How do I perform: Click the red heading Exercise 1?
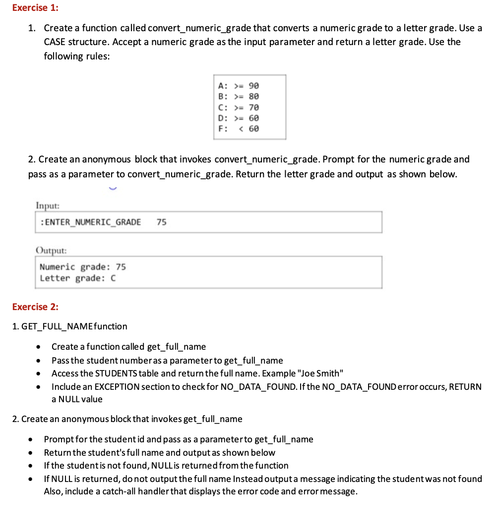[x=35, y=8]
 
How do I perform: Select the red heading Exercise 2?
[x=35, y=307]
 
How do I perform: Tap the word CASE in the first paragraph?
[x=56, y=42]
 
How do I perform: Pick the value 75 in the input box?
[x=162, y=222]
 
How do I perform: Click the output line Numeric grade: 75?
[x=82, y=267]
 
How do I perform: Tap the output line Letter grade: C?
[x=78, y=278]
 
